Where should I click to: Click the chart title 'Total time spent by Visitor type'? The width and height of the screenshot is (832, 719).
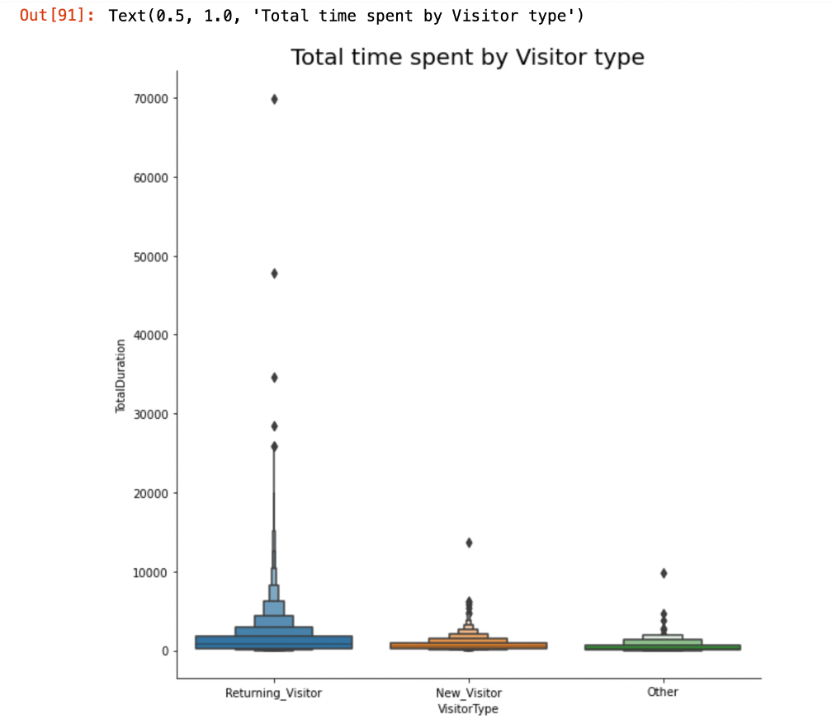click(467, 57)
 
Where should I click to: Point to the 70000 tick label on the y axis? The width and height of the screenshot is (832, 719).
click(152, 99)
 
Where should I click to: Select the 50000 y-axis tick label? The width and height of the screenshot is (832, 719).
click(152, 256)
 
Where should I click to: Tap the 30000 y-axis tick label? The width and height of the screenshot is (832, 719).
click(152, 414)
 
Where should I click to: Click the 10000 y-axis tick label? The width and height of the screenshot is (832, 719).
click(152, 572)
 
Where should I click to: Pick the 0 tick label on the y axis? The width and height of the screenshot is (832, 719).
click(164, 651)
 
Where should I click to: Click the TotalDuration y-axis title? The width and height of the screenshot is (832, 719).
click(121, 376)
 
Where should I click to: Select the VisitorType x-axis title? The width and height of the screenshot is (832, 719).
click(469, 708)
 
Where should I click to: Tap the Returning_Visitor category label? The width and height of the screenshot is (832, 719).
click(273, 693)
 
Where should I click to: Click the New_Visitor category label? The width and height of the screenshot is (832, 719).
click(469, 693)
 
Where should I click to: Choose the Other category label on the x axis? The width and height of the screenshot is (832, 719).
click(663, 692)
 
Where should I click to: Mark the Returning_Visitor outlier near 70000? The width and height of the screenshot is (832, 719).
click(274, 99)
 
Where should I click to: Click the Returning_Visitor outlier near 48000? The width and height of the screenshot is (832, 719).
click(274, 274)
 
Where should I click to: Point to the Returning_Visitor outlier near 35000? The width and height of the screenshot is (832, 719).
click(274, 378)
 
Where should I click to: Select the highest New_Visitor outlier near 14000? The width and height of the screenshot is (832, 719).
click(469, 543)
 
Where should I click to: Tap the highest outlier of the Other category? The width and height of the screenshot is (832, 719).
click(663, 573)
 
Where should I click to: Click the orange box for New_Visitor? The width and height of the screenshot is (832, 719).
click(469, 645)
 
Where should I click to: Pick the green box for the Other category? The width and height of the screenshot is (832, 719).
click(663, 647)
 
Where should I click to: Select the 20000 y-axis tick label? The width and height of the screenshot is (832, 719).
click(152, 493)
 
